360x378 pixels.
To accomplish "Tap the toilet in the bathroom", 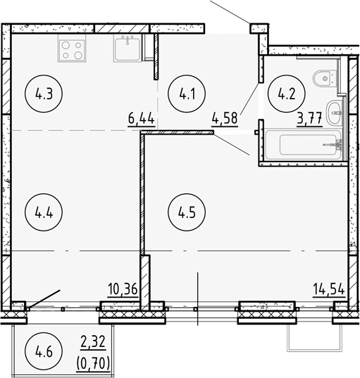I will (x=322, y=77).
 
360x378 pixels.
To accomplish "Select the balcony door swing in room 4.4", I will (x=44, y=298).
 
